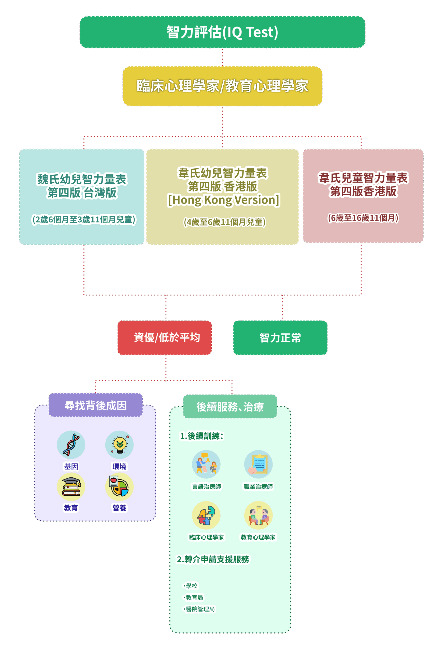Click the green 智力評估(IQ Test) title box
point(222,32)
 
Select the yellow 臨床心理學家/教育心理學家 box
point(222,86)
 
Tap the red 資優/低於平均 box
point(165,338)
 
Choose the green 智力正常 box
point(280,338)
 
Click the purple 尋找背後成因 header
point(96,405)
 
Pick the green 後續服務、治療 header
point(230,406)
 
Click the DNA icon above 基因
point(71,445)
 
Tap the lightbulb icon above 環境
point(119,445)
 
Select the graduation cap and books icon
point(71,487)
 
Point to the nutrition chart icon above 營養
point(119,487)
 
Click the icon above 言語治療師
point(206,464)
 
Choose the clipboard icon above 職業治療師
point(258,464)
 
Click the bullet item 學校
point(191,586)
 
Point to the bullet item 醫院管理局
point(200,609)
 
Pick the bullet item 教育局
point(194,597)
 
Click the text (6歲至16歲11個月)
point(363,218)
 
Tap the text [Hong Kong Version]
point(223,200)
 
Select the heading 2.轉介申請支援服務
point(213,559)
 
